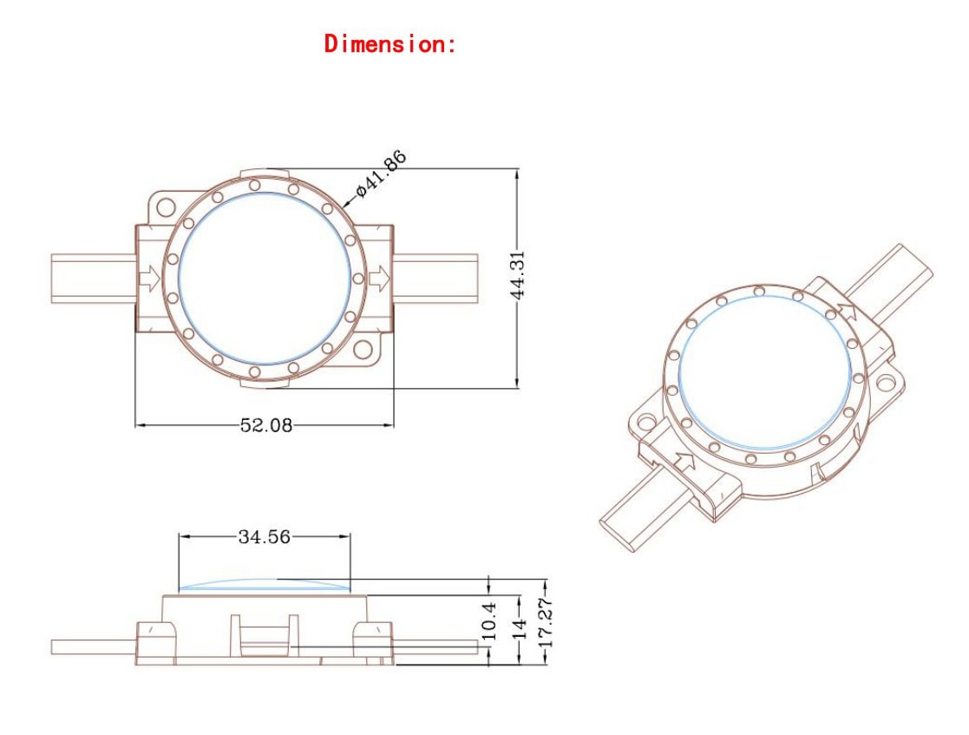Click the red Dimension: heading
(x=390, y=44)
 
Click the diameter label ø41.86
(x=382, y=173)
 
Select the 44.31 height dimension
(x=518, y=275)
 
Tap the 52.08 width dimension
(x=265, y=425)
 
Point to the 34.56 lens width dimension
(x=264, y=536)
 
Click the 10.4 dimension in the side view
(x=488, y=620)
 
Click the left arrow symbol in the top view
(x=150, y=279)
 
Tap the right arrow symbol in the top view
(x=379, y=279)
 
